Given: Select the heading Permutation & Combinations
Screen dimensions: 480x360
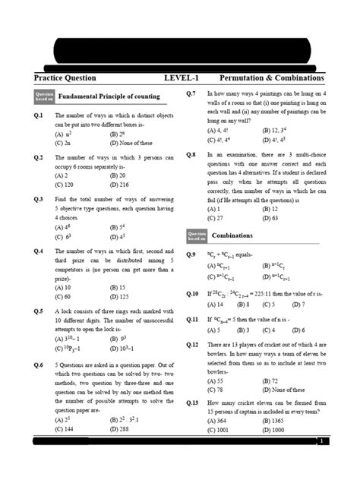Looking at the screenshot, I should click(x=271, y=78).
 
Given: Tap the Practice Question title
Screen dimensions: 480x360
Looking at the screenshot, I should click(x=65, y=78).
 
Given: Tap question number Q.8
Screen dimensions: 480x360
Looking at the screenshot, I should click(x=191, y=154).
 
